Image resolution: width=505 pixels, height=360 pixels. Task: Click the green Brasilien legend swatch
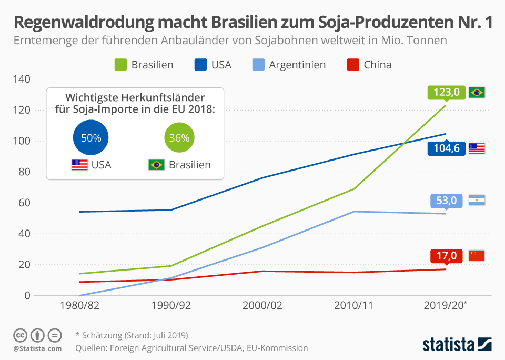121,65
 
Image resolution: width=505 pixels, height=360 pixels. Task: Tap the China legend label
378,65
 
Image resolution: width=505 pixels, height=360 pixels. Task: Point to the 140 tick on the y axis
22,79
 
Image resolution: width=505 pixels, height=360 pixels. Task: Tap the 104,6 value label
446,148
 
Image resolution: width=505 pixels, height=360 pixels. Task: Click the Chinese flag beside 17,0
477,256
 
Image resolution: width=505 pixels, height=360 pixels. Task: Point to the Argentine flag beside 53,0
477,201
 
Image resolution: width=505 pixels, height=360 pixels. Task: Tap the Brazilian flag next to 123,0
477,93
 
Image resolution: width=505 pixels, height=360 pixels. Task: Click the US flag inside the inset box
79,165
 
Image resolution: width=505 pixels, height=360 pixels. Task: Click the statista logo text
448,344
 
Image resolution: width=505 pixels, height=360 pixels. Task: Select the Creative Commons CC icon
20,335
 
